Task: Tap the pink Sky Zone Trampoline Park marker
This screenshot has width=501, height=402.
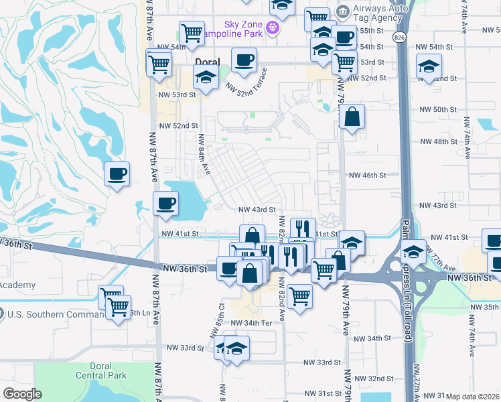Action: (273, 27)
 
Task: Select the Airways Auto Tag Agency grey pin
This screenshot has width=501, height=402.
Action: (343, 11)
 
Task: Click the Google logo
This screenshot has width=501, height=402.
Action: (22, 394)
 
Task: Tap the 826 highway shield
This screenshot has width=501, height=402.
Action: (400, 36)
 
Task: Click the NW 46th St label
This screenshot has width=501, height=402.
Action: (368, 175)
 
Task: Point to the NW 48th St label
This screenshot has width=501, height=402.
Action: (438, 142)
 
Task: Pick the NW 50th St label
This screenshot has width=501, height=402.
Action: (439, 109)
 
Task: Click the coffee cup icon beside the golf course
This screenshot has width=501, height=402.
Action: (117, 174)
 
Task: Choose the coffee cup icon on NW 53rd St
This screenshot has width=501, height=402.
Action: (244, 60)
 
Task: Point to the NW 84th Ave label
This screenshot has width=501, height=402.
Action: (202, 155)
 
